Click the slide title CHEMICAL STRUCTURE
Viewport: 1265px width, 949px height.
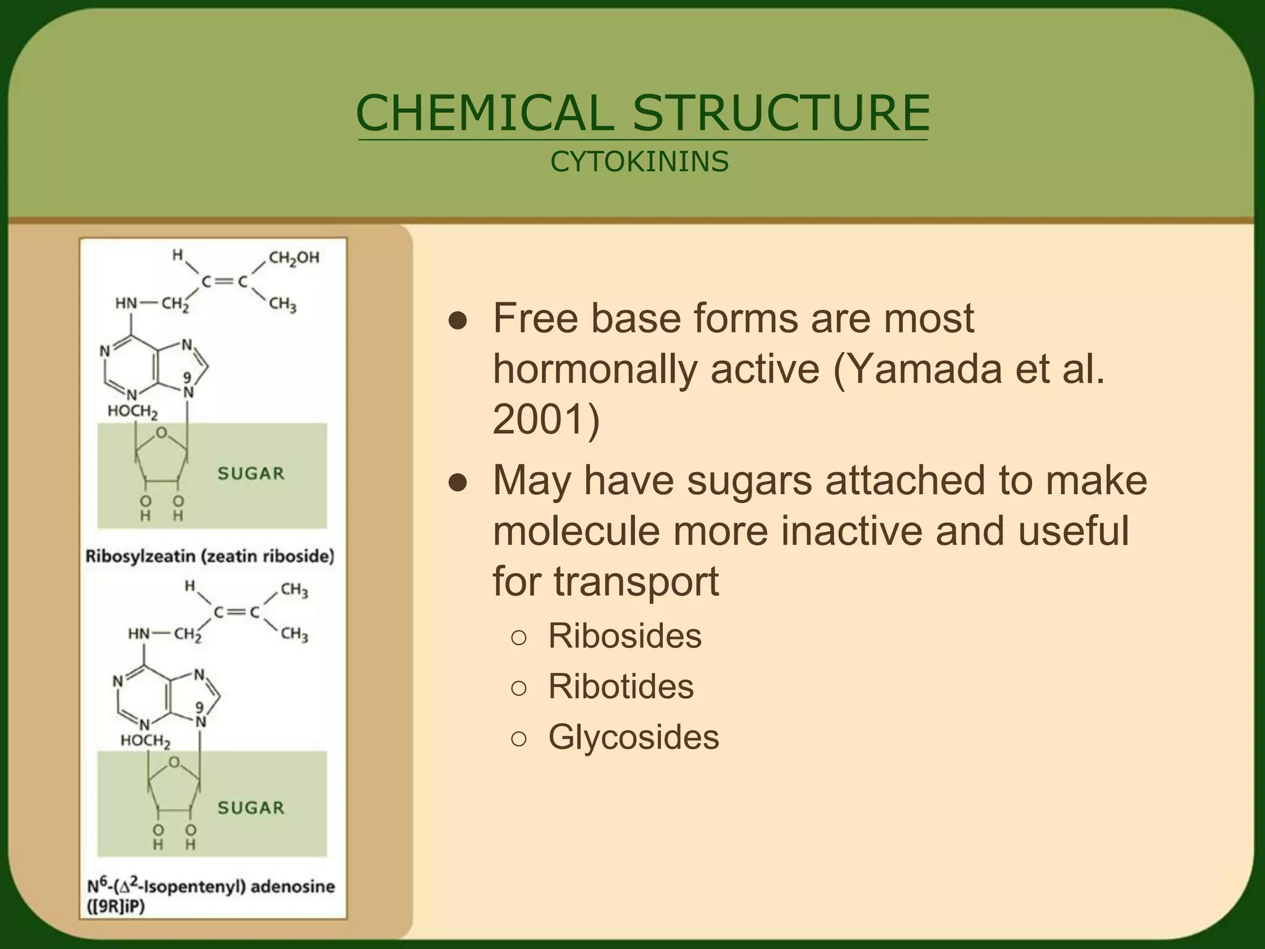tap(642, 114)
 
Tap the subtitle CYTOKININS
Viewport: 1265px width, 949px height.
tap(639, 162)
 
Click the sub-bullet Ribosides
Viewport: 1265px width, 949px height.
tap(624, 636)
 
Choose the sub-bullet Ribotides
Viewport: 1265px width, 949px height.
tap(621, 686)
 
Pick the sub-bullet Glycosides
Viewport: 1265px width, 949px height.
tap(634, 737)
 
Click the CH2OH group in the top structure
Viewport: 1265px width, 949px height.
tap(294, 258)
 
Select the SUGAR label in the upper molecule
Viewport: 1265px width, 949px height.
tap(251, 474)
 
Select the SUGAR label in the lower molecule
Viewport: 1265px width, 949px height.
tap(251, 808)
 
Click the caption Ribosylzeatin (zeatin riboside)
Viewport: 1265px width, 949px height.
tap(210, 556)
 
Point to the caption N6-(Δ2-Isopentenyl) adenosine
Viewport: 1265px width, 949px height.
tap(211, 887)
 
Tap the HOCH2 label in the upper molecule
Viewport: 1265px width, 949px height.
tap(133, 411)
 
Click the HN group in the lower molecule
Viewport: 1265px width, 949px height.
tap(138, 634)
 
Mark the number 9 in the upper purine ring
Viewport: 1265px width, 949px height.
tap(186, 377)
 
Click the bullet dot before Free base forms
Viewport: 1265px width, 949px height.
tap(457, 321)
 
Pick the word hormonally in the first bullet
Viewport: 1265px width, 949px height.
tap(594, 369)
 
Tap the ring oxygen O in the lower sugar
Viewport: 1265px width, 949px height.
tap(175, 762)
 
